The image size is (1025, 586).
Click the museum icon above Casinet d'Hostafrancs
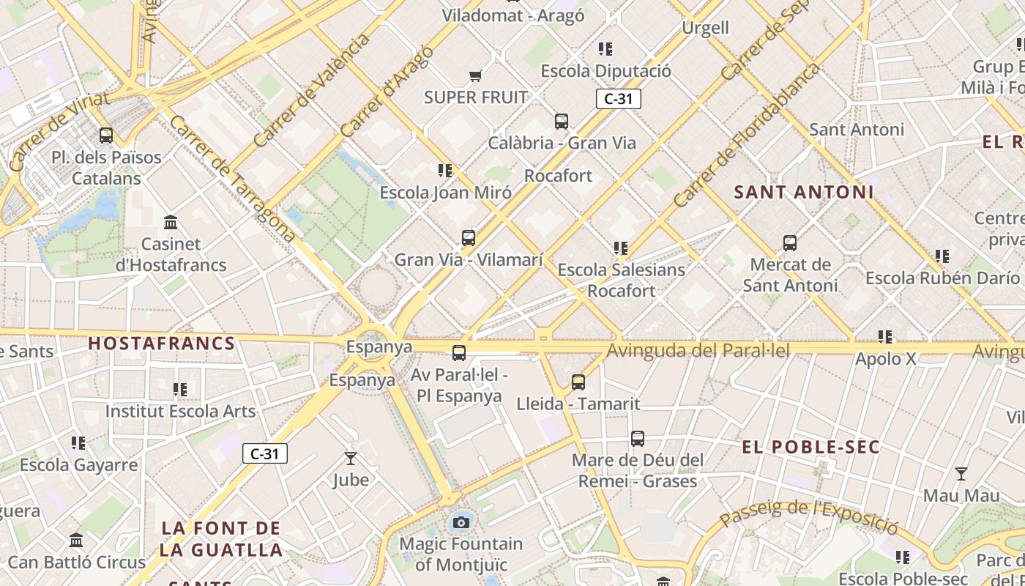171,222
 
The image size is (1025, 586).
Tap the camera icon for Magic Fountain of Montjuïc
461,522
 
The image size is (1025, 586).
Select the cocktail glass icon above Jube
351,459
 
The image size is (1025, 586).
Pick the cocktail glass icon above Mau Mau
961,474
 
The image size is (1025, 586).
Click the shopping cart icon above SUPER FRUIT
475,75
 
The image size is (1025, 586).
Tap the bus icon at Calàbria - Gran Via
562,122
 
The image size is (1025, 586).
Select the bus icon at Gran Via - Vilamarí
469,238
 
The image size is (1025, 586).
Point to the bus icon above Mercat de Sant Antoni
790,243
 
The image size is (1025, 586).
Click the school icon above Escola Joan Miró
445,171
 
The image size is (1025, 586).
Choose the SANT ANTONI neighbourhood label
804,193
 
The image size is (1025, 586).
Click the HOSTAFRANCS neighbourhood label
162,343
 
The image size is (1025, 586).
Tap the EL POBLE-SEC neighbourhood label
811,447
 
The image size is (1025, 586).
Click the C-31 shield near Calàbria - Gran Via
618,99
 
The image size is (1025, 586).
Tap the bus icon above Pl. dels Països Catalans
106,136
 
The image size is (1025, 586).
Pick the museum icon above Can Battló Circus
76,541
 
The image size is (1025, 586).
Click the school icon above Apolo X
885,337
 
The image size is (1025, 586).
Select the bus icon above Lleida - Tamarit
578,382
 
